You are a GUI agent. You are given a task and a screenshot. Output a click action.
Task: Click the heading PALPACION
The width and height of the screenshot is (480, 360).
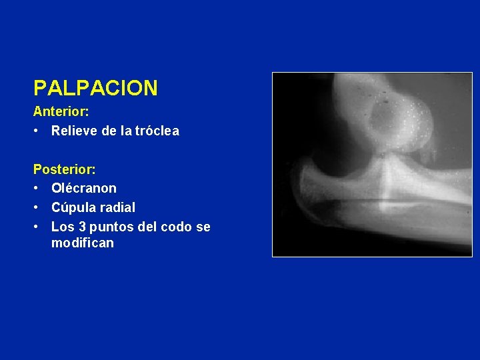click(x=95, y=87)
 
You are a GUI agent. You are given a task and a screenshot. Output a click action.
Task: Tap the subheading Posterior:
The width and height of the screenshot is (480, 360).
click(x=64, y=170)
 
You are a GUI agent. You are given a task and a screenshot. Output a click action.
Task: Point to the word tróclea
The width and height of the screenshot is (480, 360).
click(x=157, y=131)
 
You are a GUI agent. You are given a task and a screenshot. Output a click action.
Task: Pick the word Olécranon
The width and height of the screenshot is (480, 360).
click(x=83, y=189)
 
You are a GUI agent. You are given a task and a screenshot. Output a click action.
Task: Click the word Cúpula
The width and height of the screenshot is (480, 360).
click(x=72, y=208)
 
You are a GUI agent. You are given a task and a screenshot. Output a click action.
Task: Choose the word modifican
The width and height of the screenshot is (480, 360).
click(x=82, y=243)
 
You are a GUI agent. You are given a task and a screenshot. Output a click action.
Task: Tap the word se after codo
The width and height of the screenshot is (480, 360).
click(x=203, y=227)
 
